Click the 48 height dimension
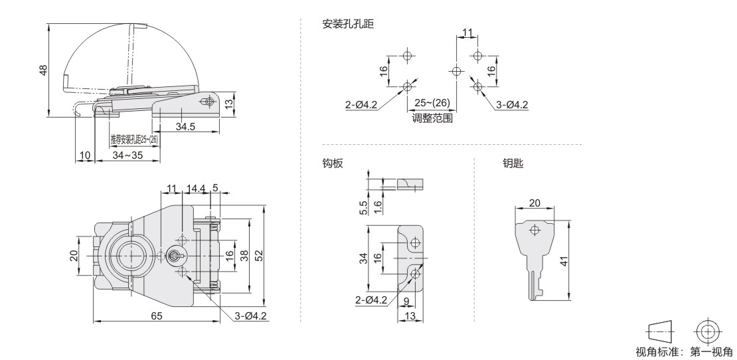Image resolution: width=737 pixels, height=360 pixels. coord(42,70)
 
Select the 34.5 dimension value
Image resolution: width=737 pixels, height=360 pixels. coord(185,126)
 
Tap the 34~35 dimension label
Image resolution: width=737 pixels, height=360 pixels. coord(127,155)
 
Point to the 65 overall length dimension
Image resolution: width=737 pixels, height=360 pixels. coord(157,316)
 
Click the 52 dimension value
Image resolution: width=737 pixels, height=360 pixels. coord(258,254)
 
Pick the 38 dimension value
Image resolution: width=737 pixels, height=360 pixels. coord(244,254)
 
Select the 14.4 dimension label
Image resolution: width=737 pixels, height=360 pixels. coord(195,189)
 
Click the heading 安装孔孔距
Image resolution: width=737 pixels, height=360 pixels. coord(348,24)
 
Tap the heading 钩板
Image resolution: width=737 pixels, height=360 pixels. coord(333,163)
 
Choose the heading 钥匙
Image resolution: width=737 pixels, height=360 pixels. coord(513,163)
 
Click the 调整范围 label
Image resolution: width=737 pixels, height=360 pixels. coord(432,118)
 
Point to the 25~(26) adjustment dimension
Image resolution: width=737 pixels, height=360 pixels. coord(432,103)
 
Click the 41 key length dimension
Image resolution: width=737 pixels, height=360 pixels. coord(564,260)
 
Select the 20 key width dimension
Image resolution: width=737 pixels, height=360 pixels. coord(534,203)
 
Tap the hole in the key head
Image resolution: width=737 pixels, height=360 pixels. coord(534,230)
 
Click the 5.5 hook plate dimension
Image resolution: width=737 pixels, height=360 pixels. coord(363,207)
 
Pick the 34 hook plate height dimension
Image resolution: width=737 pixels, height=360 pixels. coord(363,258)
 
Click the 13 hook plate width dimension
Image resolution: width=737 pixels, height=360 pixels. coord(410,316)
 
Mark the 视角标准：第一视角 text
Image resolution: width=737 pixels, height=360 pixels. coord(684,351)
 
